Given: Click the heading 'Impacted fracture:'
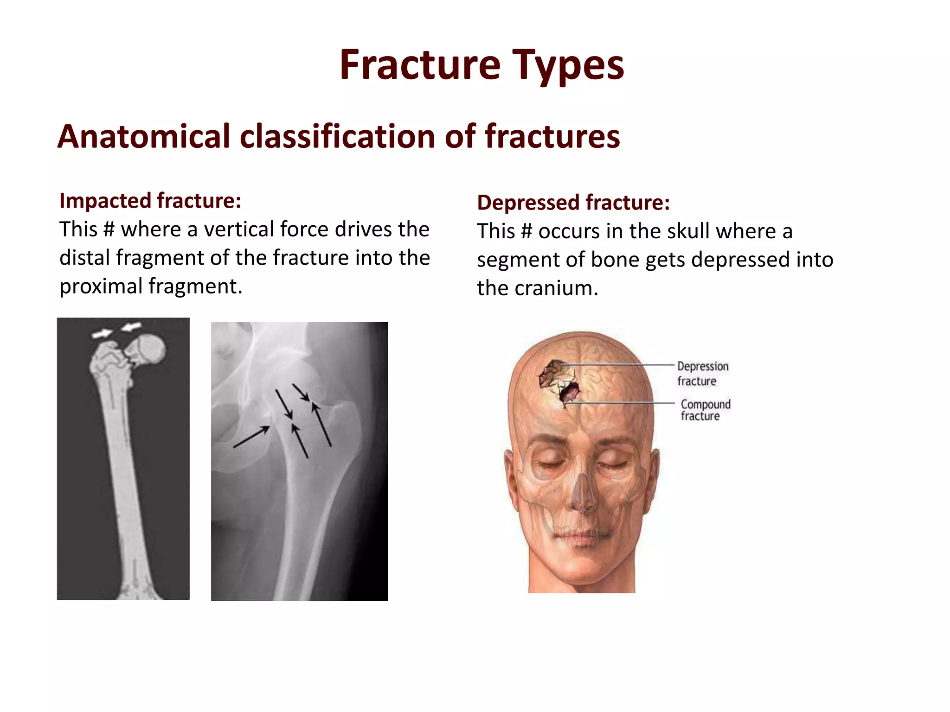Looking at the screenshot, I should click(150, 201).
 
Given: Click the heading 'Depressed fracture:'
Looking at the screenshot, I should click(573, 203).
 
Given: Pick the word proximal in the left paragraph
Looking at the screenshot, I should click(101, 286).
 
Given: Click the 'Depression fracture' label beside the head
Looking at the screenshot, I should click(702, 373).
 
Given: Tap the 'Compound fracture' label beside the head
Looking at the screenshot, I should click(705, 410).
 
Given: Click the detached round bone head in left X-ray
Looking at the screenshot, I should click(148, 349).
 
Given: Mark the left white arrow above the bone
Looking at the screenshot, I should click(102, 333).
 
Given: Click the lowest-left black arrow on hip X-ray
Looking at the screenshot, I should click(251, 437).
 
